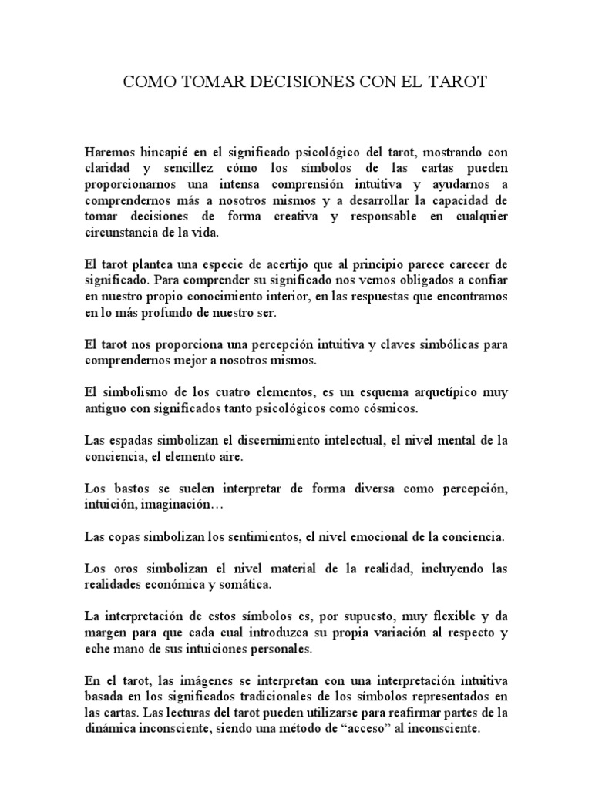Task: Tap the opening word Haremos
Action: tap(112, 153)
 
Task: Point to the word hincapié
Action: tap(173, 153)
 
